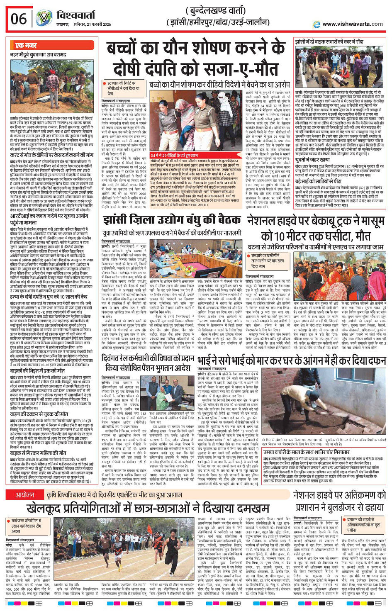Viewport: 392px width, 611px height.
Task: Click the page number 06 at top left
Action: click(x=18, y=19)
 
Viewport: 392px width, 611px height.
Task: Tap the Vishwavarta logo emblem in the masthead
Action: click(x=44, y=19)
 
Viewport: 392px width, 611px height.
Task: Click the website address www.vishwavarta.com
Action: click(x=352, y=24)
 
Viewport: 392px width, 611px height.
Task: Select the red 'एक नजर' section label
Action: click(x=26, y=45)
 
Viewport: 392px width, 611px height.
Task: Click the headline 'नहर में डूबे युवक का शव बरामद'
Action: click(x=38, y=54)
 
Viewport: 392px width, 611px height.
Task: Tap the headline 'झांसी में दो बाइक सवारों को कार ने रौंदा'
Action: click(x=329, y=42)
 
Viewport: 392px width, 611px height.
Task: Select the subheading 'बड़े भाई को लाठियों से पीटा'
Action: click(x=321, y=182)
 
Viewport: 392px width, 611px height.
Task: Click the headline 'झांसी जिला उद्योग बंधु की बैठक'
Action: click(x=171, y=220)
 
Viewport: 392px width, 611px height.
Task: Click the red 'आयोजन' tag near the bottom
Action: click(x=24, y=495)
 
